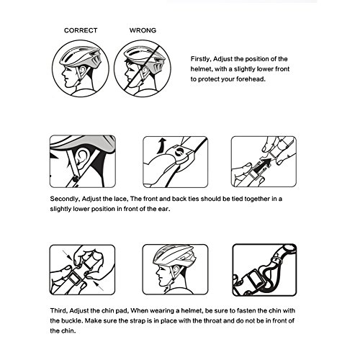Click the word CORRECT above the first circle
[81, 30]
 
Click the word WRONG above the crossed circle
[143, 30]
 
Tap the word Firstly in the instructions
[201, 59]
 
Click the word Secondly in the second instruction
[65, 199]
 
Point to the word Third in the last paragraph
[59, 311]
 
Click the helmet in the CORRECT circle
[81, 57]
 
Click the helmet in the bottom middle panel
[173, 255]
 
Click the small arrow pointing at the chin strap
[166, 289]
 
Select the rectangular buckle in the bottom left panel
[75, 280]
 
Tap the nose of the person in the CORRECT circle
[63, 72]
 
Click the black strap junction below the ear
[76, 179]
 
